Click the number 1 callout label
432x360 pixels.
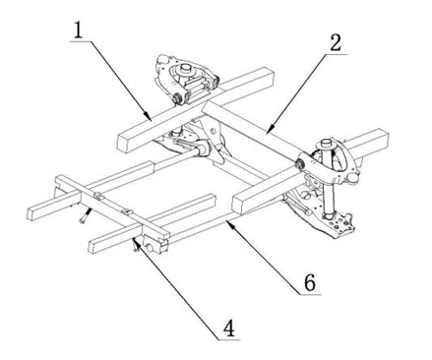point(78,30)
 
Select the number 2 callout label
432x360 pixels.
point(336,43)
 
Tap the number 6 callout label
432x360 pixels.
point(310,282)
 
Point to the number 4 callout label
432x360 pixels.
point(229,329)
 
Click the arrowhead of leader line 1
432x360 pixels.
point(149,117)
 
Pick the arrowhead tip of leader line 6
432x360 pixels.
point(226,221)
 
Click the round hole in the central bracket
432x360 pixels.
point(214,132)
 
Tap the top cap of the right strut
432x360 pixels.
point(328,144)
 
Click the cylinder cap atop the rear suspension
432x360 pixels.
point(186,68)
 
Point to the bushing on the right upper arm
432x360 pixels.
point(299,164)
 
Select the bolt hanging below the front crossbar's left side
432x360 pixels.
point(85,216)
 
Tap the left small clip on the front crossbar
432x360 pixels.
point(98,196)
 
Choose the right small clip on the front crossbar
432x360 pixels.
point(128,212)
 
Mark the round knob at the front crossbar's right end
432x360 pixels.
point(151,248)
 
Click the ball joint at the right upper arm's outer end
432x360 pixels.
point(352,177)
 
